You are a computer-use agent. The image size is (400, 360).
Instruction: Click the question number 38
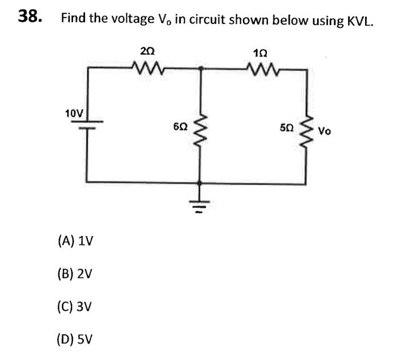click(29, 17)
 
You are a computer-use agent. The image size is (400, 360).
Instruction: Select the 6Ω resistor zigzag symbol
click(199, 134)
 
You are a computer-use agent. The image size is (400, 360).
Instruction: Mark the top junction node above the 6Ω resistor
click(199, 69)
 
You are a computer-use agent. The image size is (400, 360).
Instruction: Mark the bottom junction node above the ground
click(199, 183)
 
